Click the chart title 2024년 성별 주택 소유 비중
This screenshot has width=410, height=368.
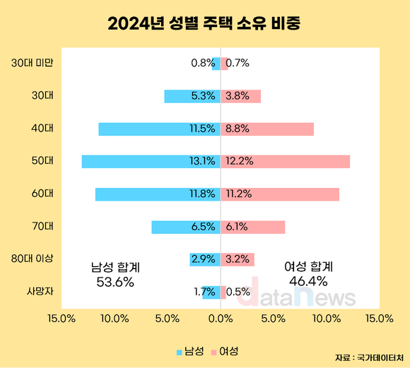point(204,25)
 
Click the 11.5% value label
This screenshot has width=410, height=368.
point(202,129)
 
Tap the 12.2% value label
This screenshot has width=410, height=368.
point(238,161)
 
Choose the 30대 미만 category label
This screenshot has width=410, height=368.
point(33,63)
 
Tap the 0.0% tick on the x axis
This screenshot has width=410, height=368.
point(221,319)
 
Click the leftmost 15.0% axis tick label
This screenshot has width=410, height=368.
point(61,319)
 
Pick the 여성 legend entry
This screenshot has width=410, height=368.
point(225,351)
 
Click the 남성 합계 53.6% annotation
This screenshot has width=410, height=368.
point(115,275)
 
